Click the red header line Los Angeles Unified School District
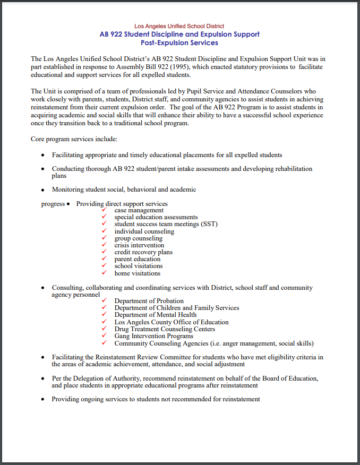[x=179, y=26]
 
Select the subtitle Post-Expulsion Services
[x=179, y=42]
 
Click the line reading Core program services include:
[x=74, y=139]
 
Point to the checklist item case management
[x=139, y=210]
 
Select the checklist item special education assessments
[x=156, y=217]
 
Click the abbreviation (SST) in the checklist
[x=209, y=224]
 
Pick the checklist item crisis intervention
[x=139, y=245]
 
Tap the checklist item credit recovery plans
[x=143, y=252]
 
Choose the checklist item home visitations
[x=137, y=273]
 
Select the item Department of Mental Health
[x=156, y=315]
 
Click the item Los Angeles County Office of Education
[x=172, y=322]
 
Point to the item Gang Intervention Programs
[x=153, y=336]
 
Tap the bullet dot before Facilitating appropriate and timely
[x=43, y=156]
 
